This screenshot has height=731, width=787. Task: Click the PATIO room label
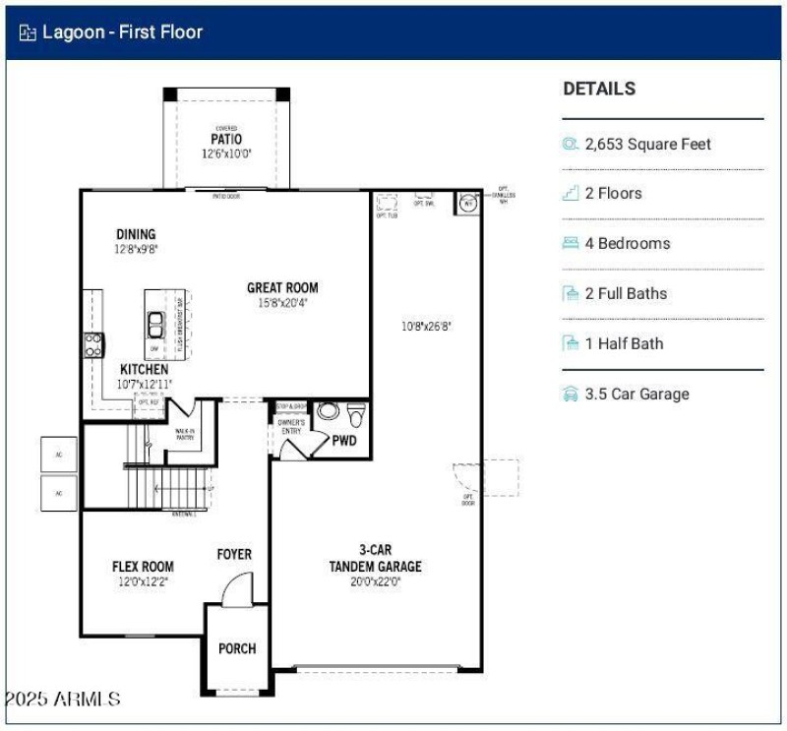pyautogui.click(x=226, y=139)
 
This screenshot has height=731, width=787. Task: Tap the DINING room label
pyautogui.click(x=136, y=234)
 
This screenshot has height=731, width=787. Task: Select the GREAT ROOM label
pyautogui.click(x=282, y=288)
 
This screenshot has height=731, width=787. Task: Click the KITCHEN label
pyautogui.click(x=145, y=369)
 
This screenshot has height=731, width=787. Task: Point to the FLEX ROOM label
pyautogui.click(x=143, y=567)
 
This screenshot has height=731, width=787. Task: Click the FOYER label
pyautogui.click(x=234, y=555)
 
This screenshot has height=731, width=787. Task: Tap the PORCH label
pyautogui.click(x=237, y=648)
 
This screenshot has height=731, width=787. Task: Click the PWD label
pyautogui.click(x=344, y=441)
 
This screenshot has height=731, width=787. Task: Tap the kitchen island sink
pyautogui.click(x=156, y=322)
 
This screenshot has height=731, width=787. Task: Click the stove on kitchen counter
pyautogui.click(x=93, y=344)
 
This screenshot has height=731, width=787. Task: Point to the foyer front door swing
pyautogui.click(x=237, y=591)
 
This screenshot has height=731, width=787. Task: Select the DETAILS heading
pyautogui.click(x=599, y=89)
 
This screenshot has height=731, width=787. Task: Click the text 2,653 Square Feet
pyautogui.click(x=647, y=145)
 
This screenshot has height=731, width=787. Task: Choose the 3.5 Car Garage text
pyautogui.click(x=636, y=395)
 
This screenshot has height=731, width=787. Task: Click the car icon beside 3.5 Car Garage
pyautogui.click(x=570, y=395)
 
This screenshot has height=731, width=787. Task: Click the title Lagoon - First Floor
pyautogui.click(x=122, y=32)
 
